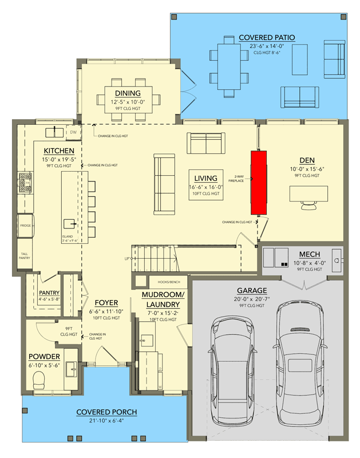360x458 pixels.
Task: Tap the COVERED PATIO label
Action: [x=267, y=38]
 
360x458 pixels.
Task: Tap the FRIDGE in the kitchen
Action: [x=26, y=226]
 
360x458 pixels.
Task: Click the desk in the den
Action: [x=312, y=195]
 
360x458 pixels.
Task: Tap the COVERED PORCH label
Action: [x=106, y=412]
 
